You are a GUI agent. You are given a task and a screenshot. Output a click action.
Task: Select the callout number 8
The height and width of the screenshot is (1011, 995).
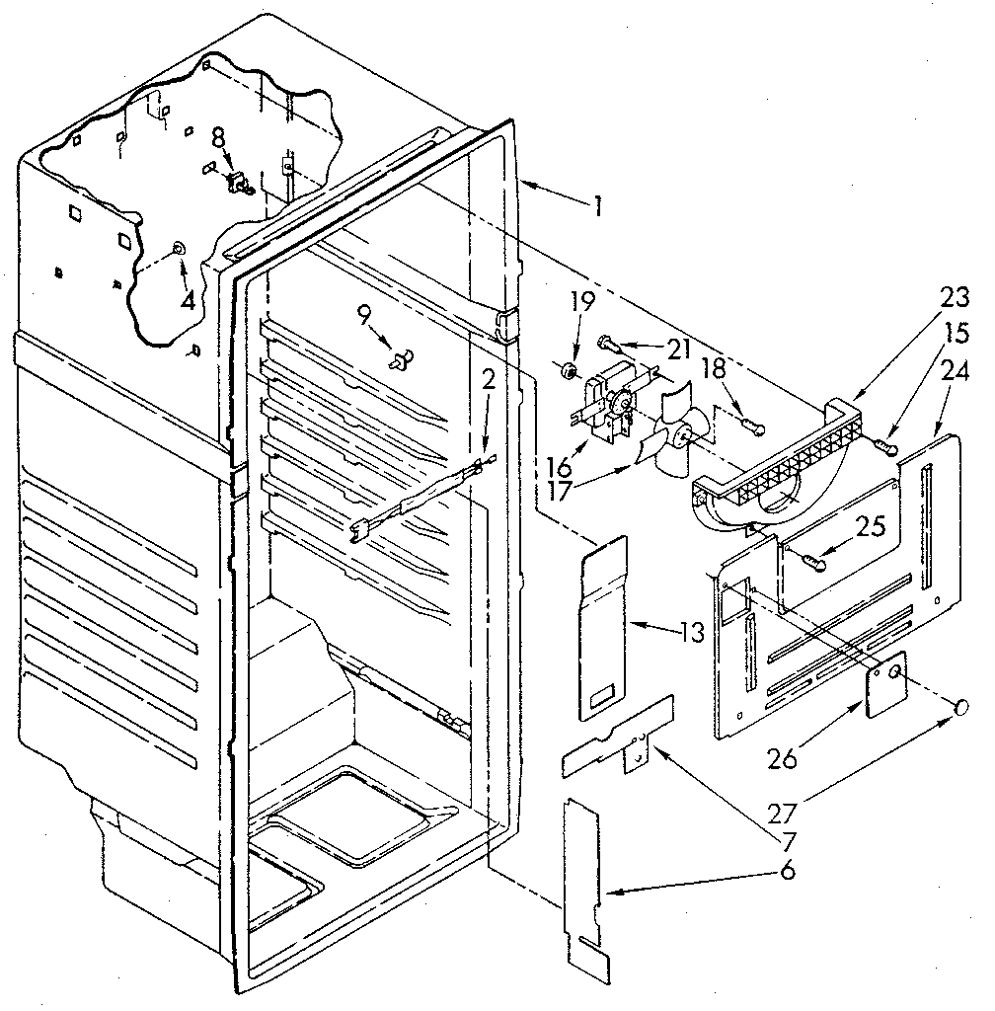tap(219, 137)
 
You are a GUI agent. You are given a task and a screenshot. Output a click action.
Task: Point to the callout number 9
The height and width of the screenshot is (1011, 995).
tap(364, 317)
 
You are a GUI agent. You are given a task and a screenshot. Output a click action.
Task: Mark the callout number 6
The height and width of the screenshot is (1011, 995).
tap(788, 871)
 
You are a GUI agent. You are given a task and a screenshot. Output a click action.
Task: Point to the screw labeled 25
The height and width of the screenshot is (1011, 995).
tap(812, 562)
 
